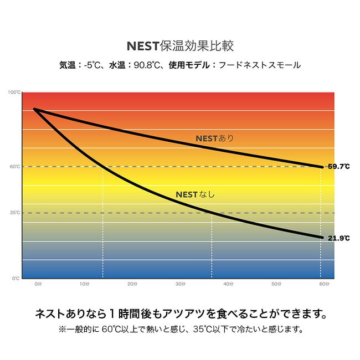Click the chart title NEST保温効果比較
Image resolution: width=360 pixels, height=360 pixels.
tap(180, 45)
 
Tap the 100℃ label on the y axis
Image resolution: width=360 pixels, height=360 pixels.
tap(15, 92)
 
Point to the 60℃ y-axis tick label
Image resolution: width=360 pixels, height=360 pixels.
tap(15, 166)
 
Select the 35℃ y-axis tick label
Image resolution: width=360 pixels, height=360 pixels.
tap(15, 213)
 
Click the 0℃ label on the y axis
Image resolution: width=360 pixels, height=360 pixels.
tap(16, 278)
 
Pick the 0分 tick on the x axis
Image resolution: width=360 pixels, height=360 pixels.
tap(38, 285)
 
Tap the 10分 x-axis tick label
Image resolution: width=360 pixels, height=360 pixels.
tap(85, 285)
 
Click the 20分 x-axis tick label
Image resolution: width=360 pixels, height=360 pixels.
tap(132, 285)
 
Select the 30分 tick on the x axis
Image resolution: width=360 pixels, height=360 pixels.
tap(180, 285)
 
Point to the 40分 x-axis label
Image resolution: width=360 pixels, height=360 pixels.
tap(228, 285)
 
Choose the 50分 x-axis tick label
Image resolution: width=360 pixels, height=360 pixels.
tap(275, 285)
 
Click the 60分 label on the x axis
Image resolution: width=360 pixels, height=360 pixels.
tap(323, 285)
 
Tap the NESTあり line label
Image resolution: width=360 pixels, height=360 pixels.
tap(215, 138)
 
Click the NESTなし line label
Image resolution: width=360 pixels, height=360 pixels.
tap(194, 194)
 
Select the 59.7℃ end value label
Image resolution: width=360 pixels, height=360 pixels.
tap(338, 166)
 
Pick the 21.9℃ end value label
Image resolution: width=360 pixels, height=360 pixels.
tap(338, 238)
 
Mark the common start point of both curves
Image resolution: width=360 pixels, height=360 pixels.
tap(34, 109)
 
